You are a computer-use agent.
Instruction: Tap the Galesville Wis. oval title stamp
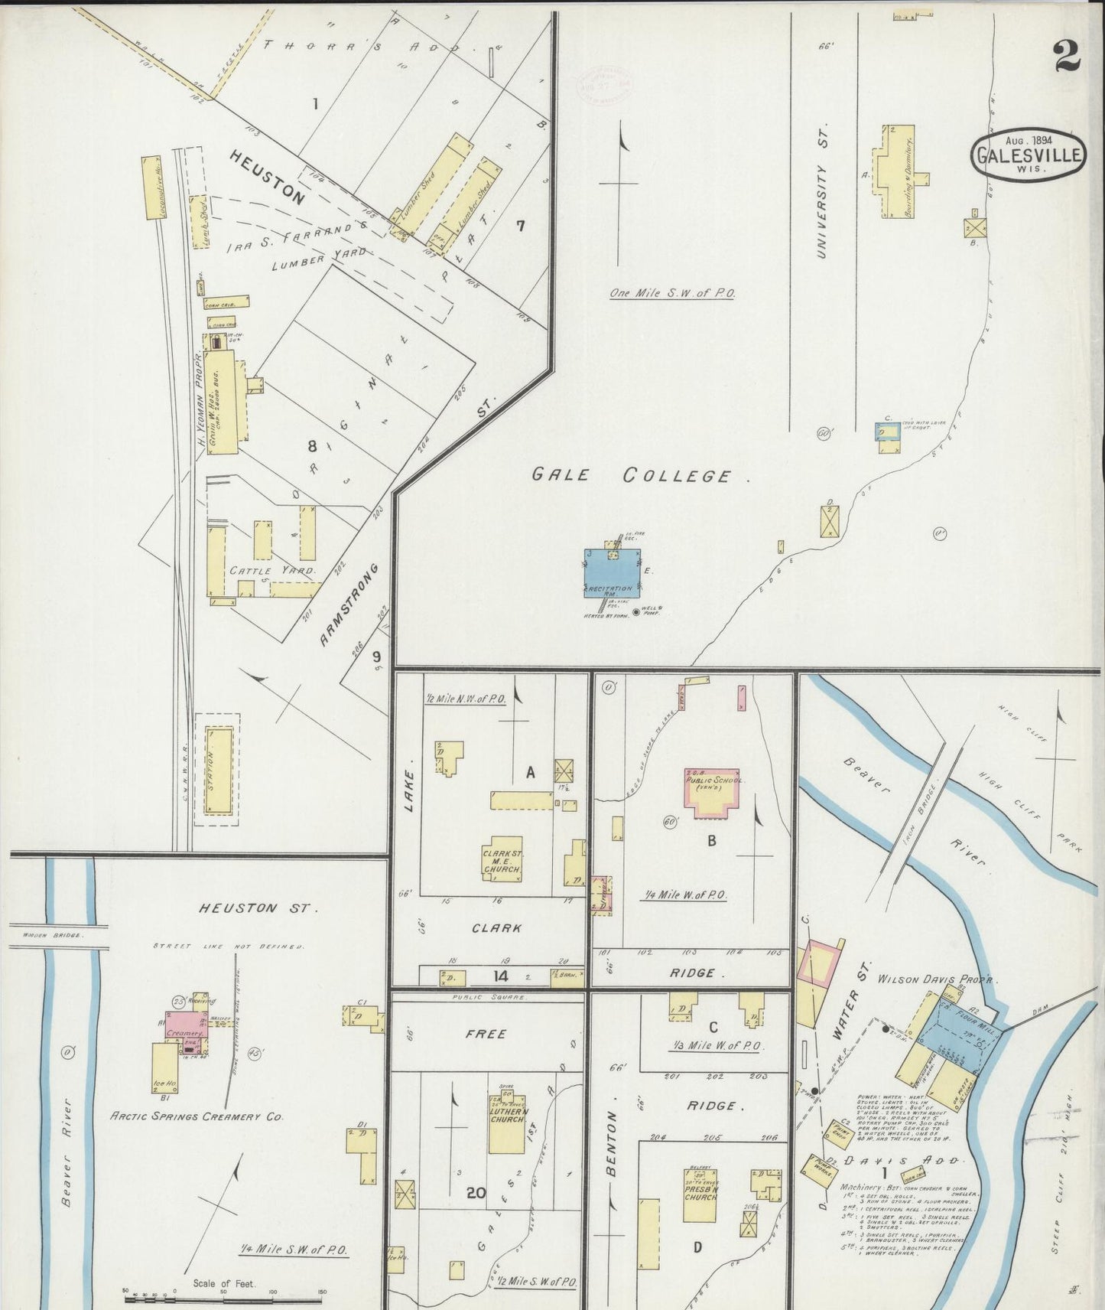1029,155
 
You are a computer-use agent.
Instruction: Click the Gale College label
641,475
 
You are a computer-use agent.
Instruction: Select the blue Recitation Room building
613,574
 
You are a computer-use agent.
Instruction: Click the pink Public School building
712,792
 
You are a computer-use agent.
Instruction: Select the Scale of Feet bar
226,1295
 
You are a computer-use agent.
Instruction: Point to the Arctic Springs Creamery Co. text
197,1116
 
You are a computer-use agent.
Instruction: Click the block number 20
476,1193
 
